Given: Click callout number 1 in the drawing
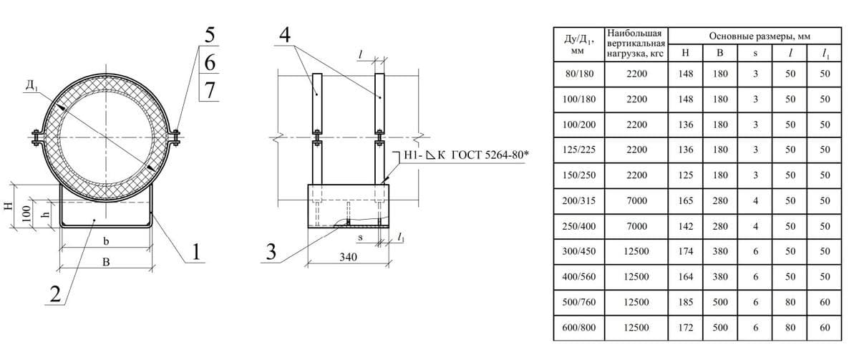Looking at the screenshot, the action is coord(196,252).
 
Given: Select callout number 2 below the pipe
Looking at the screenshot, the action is coord(56,294).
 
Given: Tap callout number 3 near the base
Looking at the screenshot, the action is coord(271,252).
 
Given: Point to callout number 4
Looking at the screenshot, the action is coord(285,34).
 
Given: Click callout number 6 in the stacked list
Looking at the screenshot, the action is coord(210,62).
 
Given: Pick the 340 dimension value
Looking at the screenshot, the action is coord(348,256).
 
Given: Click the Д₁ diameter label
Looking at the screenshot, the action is coord(31,85).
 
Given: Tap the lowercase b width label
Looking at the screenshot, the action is coord(106,240).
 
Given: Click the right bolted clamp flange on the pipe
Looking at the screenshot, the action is coord(175,137).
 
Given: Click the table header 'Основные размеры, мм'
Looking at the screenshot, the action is coord(759,37).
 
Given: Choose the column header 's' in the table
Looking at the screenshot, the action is coord(755,53).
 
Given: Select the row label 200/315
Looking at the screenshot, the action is coord(578,200).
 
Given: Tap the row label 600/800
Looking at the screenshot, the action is coord(578,327).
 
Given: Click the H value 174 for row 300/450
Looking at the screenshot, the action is coord(685,251).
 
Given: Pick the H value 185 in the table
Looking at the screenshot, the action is coord(685,302).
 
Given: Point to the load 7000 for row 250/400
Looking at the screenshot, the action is coord(636,226).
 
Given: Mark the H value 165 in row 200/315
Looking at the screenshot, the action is coord(685,200).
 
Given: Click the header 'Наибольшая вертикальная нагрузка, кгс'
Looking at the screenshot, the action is coord(636,44).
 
